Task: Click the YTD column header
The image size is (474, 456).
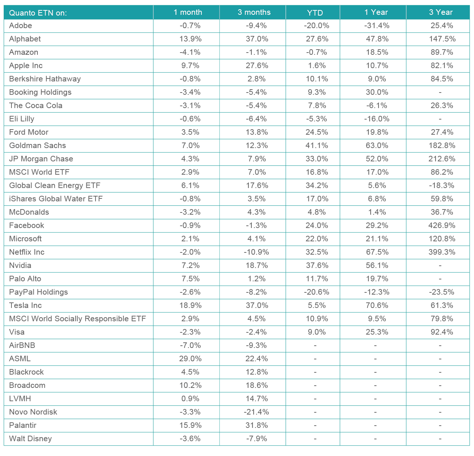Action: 315,13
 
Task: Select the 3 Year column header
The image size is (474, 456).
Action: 441,12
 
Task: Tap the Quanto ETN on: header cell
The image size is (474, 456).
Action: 38,13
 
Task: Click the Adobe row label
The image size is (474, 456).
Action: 21,26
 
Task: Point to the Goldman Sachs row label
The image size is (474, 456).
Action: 37,145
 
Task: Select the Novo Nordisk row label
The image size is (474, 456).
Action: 33,412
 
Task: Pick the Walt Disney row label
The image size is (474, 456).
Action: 30,439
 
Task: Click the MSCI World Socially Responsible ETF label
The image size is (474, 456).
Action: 77,319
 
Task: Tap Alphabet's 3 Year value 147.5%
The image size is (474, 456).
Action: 441,39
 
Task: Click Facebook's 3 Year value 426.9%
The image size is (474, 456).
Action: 441,225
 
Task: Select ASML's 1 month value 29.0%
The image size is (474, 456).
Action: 190,359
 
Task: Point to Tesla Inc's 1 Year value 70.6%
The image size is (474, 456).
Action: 377,305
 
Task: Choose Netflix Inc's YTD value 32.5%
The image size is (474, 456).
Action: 316,252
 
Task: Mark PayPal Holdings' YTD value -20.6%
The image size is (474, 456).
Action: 316,292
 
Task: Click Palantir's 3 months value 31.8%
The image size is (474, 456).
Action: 257,425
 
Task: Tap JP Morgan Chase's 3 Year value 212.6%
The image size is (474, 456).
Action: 441,159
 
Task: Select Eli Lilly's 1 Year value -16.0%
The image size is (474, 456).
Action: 377,119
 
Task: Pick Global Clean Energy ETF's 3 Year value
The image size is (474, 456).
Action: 441,185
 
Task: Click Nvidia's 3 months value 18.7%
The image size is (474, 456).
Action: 257,265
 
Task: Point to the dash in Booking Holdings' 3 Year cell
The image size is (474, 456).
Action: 440,92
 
